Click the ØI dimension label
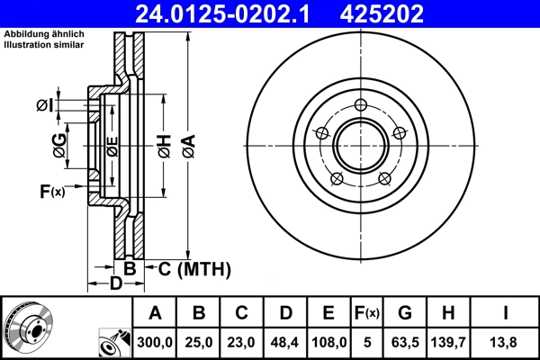(45, 106)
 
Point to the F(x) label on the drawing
(52, 191)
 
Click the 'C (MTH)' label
(195, 269)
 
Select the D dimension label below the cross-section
(115, 285)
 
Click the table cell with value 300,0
(156, 342)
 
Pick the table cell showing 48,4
(285, 342)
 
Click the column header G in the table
(405, 314)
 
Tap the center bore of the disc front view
(360, 143)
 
